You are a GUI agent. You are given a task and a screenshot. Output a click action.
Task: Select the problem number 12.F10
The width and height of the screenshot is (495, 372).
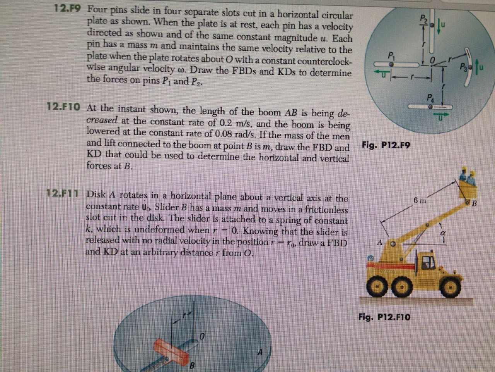click(63, 106)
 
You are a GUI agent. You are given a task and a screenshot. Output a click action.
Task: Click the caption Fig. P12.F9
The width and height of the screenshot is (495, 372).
click(386, 145)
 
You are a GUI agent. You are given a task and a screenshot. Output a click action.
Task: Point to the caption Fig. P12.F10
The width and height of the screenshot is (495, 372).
click(384, 317)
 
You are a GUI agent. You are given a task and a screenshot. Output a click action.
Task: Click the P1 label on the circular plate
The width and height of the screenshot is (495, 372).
click(390, 55)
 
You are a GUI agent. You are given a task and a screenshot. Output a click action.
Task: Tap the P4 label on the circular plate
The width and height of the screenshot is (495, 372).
click(431, 98)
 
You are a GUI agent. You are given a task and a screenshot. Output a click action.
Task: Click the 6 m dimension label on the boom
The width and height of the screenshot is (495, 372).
click(420, 200)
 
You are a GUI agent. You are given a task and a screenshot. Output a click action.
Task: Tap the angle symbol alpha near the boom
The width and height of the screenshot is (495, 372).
click(443, 234)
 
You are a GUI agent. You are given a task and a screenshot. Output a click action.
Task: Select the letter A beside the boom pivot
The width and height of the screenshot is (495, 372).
click(380, 243)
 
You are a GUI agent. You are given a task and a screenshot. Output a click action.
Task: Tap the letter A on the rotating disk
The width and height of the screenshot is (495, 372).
click(260, 352)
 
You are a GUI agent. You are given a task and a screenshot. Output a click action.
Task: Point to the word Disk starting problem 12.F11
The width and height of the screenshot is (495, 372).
click(96, 194)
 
